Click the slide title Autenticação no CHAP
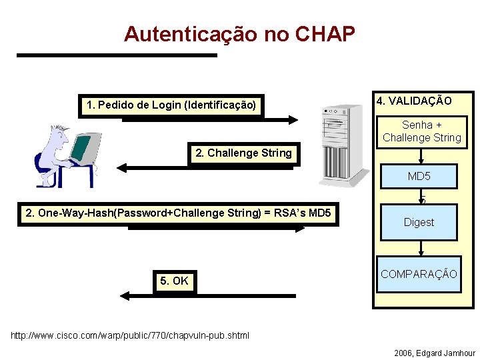[x=239, y=34]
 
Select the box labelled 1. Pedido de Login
[x=171, y=105]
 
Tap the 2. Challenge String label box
[x=243, y=153]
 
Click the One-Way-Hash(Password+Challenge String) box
[x=178, y=213]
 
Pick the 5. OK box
[x=174, y=281]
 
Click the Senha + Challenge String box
[x=422, y=131]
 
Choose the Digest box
[x=419, y=223]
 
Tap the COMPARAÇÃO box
[x=419, y=274]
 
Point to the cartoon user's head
[x=54, y=140]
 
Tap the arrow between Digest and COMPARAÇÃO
[x=420, y=248]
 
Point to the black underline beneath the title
[x=117, y=55]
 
